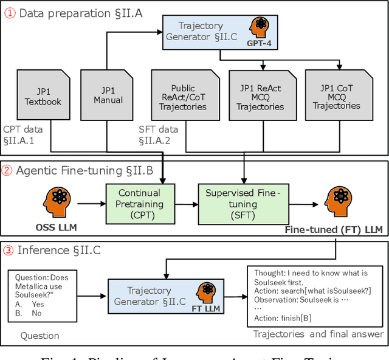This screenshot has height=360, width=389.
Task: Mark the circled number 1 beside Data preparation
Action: (x=10, y=12)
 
